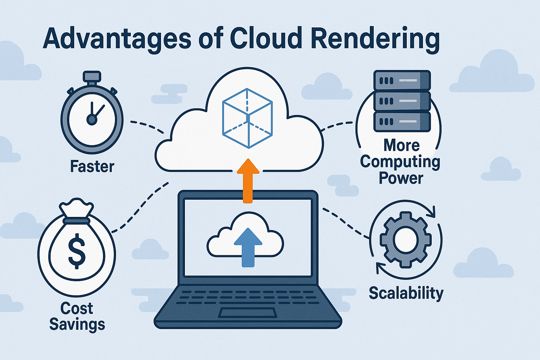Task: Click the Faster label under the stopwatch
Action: pyautogui.click(x=92, y=166)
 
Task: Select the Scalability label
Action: pyautogui.click(x=406, y=293)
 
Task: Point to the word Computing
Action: pyautogui.click(x=400, y=162)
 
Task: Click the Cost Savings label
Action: pyautogui.click(x=77, y=316)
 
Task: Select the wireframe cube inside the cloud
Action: pyautogui.click(x=247, y=118)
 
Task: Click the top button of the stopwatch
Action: pyautogui.click(x=92, y=77)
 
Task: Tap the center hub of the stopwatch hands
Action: pyautogui.click(x=92, y=120)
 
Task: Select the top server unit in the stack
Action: pyautogui.click(x=402, y=81)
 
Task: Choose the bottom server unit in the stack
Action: pyautogui.click(x=402, y=122)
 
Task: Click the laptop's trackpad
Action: pyautogui.click(x=247, y=313)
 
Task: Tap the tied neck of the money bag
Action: pyautogui.click(x=76, y=220)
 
